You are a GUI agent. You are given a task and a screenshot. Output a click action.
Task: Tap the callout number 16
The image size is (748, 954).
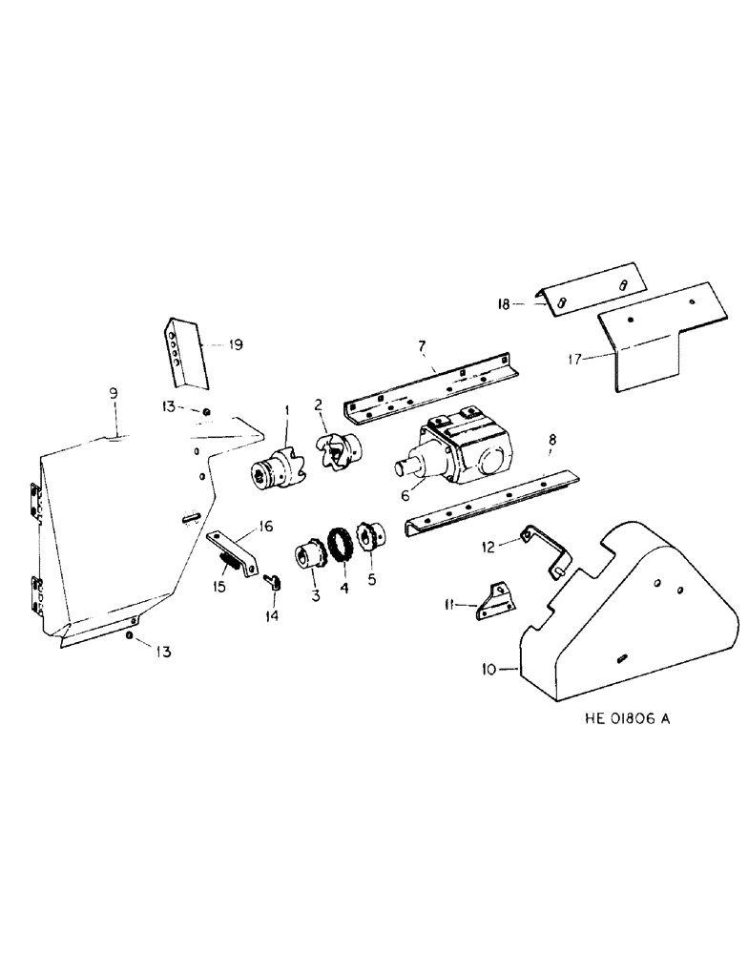[263, 525]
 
